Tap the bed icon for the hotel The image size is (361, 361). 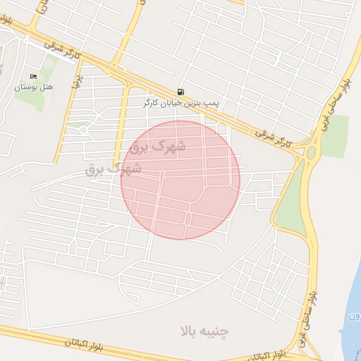click(33, 76)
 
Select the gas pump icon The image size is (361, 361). click(182, 92)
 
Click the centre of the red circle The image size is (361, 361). click(180, 180)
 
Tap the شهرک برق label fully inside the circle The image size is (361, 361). click(159, 147)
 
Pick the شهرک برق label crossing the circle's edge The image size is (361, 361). click(114, 169)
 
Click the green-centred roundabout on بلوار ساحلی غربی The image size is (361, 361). click(311, 152)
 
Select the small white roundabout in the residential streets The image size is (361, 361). click(83, 130)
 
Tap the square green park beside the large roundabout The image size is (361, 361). click(334, 135)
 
